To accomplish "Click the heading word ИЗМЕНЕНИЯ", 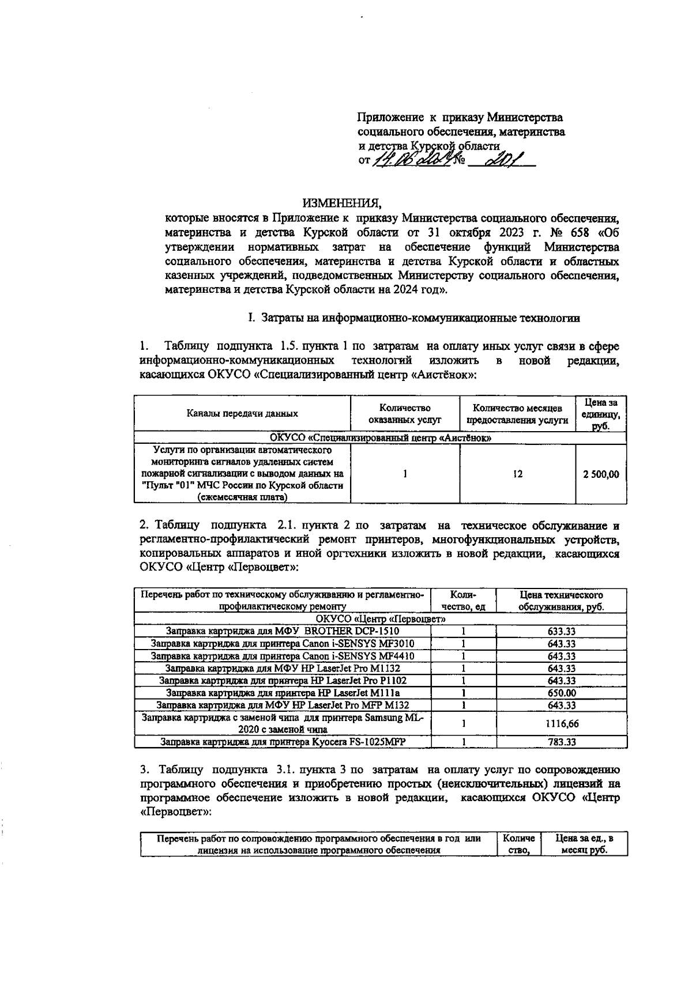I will coord(343,203).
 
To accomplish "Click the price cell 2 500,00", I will coord(601,474).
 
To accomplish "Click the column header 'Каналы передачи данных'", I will coord(242,413).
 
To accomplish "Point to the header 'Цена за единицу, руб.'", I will coord(601,413).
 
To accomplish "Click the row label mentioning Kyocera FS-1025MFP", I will coord(283,742).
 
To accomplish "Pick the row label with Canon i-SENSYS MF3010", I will coord(283,644).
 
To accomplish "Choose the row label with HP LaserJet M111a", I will coord(283,693).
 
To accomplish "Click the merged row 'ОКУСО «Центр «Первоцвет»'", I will coord(381,619).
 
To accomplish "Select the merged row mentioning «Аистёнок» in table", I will coord(381,438).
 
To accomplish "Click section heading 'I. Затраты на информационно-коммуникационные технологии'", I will coord(413,318).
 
